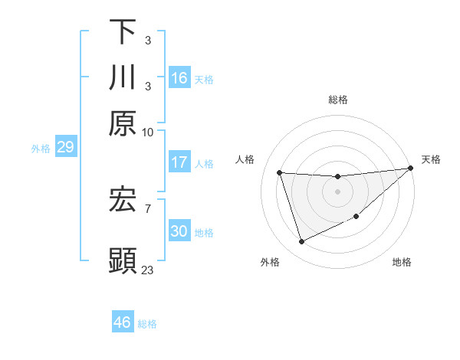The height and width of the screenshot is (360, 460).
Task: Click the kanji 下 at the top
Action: pos(123,32)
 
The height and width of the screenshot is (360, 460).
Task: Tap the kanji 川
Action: pos(123,77)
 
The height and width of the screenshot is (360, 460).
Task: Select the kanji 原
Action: pos(123,123)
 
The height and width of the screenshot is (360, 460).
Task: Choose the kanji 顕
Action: pos(123,260)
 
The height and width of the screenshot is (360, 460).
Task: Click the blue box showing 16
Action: pos(179,78)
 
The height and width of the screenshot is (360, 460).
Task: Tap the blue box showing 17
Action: pos(179,162)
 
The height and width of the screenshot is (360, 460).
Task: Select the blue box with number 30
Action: pos(179,231)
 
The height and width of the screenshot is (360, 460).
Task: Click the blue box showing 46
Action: pos(123,322)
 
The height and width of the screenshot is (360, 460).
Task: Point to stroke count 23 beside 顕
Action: pos(147,270)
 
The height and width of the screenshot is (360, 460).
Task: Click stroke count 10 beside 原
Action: pos(147,132)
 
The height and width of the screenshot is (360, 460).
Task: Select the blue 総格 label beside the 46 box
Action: pos(147,324)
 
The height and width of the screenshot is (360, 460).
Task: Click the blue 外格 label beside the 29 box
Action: pos(41,149)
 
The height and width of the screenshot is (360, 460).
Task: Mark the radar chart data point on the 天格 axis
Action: pos(410,169)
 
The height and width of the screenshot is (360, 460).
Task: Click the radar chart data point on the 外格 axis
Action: pos(301,242)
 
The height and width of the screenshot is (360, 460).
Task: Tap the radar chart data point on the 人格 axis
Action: pos(280,172)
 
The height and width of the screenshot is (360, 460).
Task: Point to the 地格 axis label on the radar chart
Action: pos(402,262)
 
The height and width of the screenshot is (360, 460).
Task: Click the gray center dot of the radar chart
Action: pos(337,191)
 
